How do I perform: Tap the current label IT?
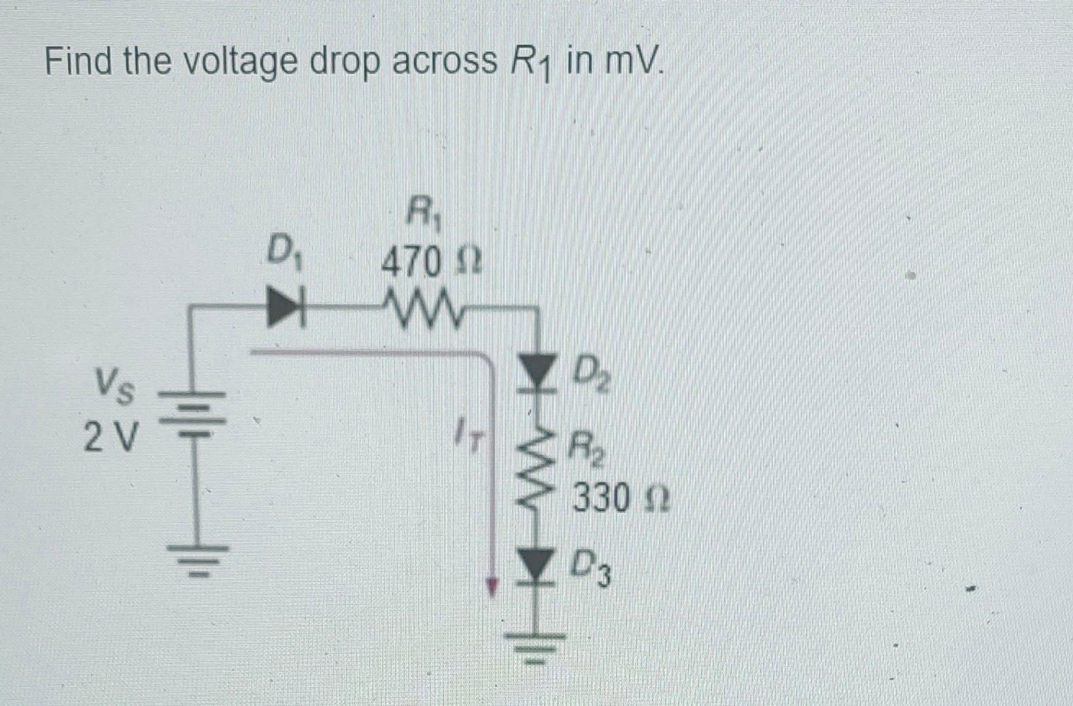click(470, 435)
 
